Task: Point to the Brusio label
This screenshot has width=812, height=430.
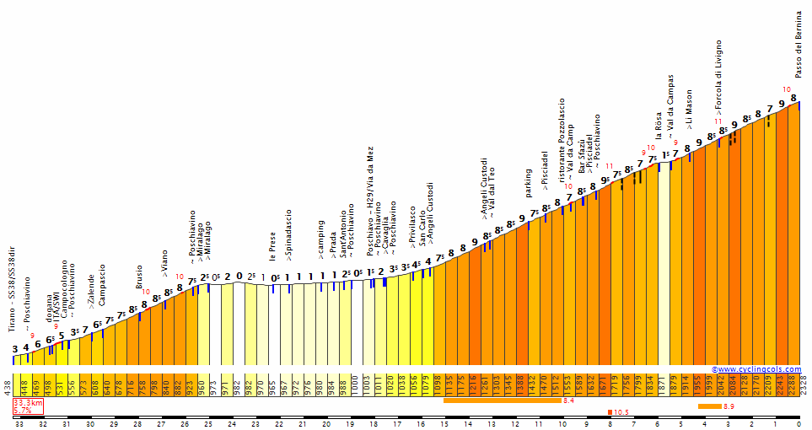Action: pos(139,277)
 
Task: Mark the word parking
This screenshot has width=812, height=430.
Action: pos(528,182)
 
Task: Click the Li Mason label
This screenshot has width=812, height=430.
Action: pos(689,109)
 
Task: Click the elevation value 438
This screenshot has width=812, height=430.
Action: pos(7,386)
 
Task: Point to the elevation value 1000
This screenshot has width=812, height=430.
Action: pos(355,385)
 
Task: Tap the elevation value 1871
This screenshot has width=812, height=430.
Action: pos(663,385)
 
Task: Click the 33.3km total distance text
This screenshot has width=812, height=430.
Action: pos(28,404)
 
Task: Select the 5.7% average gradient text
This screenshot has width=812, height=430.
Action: pos(23,411)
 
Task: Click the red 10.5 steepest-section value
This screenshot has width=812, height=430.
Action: pos(621,412)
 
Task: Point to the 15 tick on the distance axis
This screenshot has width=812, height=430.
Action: pos(444,424)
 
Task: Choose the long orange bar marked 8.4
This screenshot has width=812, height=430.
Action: pos(502,400)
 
